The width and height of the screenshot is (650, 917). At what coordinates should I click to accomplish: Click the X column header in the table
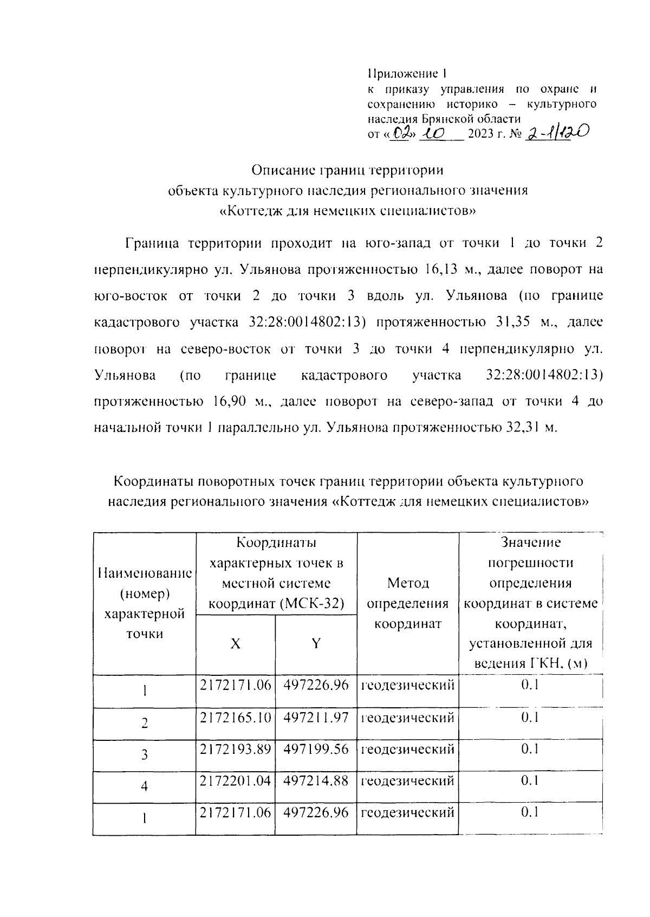pyautogui.click(x=235, y=643)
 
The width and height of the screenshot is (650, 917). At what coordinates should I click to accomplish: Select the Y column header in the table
pyautogui.click(x=316, y=643)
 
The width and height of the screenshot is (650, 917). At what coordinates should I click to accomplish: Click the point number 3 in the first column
pyautogui.click(x=144, y=755)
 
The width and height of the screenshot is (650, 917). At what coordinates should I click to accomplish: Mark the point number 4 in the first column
pyautogui.click(x=144, y=786)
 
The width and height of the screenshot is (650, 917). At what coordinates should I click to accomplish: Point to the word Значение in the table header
pyautogui.click(x=530, y=542)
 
